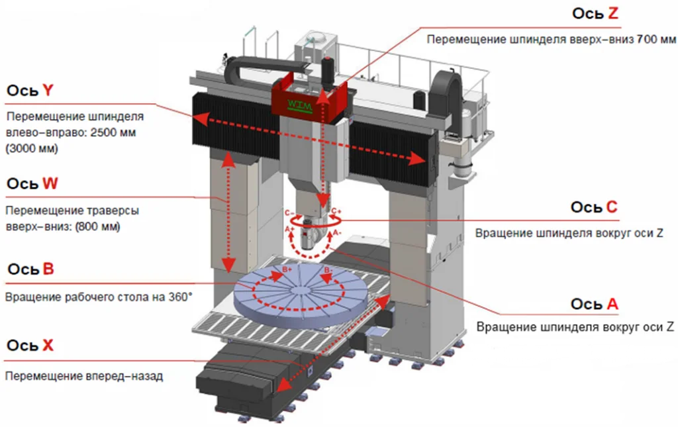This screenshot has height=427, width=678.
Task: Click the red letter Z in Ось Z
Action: point(612,13)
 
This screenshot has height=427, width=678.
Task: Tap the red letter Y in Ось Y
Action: point(48,90)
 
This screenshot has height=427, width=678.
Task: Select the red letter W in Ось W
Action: point(50,183)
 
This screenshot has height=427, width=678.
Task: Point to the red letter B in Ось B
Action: point(48,269)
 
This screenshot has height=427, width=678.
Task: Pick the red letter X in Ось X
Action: point(48,346)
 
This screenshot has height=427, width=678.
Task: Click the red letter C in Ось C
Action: point(612,207)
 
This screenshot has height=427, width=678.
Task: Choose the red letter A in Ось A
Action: point(612,305)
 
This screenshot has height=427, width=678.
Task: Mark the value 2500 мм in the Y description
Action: point(113,132)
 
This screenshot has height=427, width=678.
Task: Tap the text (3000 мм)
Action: point(32,149)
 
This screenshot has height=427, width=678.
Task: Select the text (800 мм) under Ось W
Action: point(98,226)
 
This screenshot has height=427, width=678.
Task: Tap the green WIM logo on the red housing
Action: point(301,105)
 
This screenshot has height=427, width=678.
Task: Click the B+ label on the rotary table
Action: point(287,269)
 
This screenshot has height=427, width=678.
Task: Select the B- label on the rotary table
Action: point(328,271)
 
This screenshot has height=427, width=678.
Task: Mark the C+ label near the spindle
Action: point(336,211)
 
